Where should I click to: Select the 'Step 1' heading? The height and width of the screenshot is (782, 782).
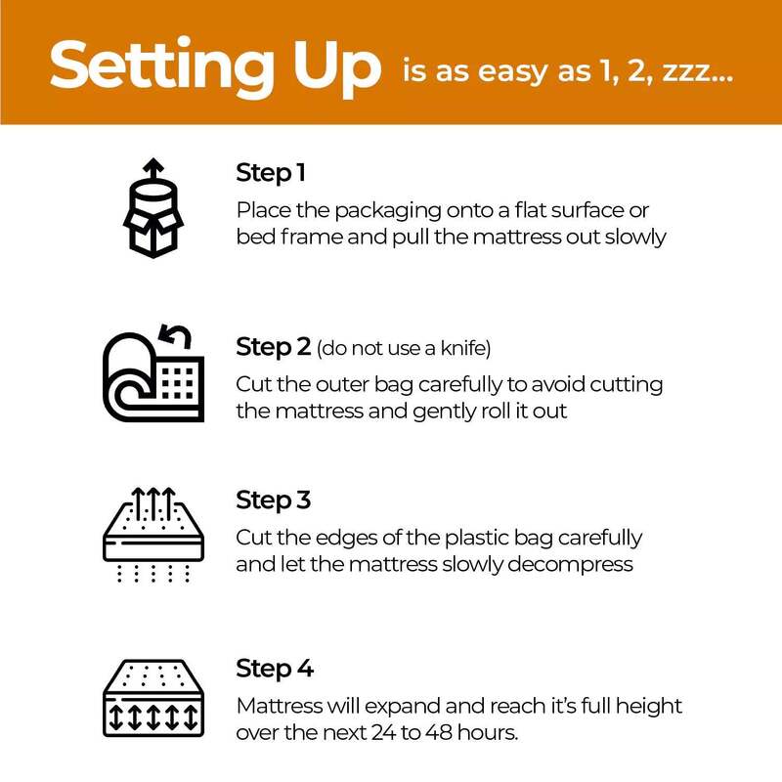(x=271, y=174)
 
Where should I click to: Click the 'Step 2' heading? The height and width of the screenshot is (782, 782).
(x=274, y=347)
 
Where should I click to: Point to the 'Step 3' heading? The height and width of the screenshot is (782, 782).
(x=274, y=500)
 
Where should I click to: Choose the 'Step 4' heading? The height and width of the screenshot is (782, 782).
(x=275, y=669)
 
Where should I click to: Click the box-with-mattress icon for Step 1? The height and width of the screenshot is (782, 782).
(x=153, y=208)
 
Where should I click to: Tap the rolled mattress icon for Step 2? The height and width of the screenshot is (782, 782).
(x=153, y=373)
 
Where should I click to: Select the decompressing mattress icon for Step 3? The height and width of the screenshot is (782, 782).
(x=153, y=535)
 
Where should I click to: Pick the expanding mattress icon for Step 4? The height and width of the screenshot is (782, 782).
(x=153, y=698)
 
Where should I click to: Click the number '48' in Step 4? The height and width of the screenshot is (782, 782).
(x=439, y=732)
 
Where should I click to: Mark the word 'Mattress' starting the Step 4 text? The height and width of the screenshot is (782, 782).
(x=280, y=706)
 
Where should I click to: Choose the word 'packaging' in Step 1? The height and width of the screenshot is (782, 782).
(x=388, y=211)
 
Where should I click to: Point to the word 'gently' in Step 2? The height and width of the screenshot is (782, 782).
(x=445, y=412)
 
